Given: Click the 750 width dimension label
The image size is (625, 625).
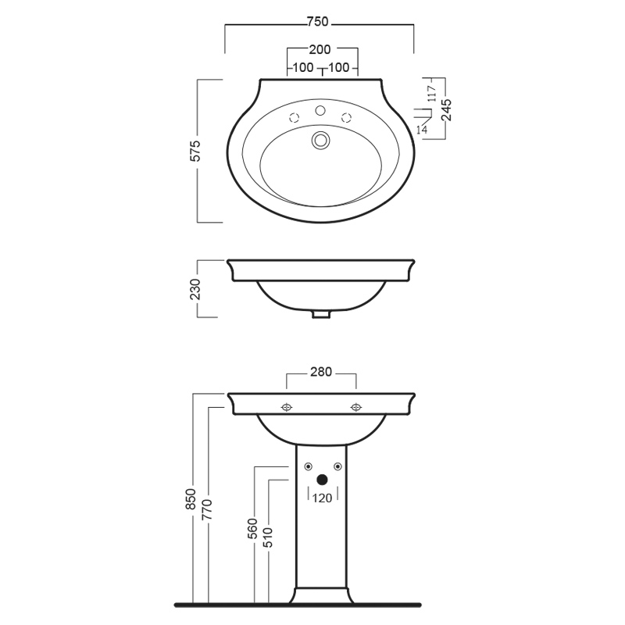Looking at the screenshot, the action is tap(318, 22).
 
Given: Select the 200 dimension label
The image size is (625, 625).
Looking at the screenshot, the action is tap(320, 49).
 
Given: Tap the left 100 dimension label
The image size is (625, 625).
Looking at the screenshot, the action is tap(303, 68).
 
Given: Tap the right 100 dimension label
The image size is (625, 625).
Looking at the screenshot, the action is tap(339, 68).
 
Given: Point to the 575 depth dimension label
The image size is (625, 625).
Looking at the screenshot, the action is tap(195, 151).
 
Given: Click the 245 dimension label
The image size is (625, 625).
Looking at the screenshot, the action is tap(446, 110).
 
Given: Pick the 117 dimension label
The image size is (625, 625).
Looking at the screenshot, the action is tap(432, 94).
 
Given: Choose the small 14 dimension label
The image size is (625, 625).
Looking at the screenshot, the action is tap(422, 130).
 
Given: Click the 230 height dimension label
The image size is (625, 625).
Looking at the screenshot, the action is tap(195, 289).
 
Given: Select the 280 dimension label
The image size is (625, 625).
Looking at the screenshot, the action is tap(321, 372).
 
